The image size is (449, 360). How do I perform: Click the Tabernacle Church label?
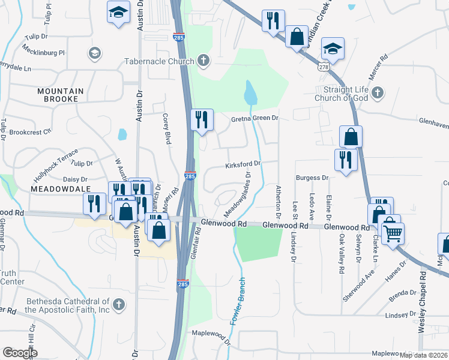coord(159,61)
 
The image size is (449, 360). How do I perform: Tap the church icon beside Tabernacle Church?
coord(204,61)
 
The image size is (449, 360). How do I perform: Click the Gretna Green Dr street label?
coord(255,119)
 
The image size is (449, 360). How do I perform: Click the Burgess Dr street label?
coord(312,178)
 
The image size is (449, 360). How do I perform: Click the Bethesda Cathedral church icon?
coord(119,305)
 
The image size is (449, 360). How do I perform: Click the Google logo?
coord(20,353)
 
